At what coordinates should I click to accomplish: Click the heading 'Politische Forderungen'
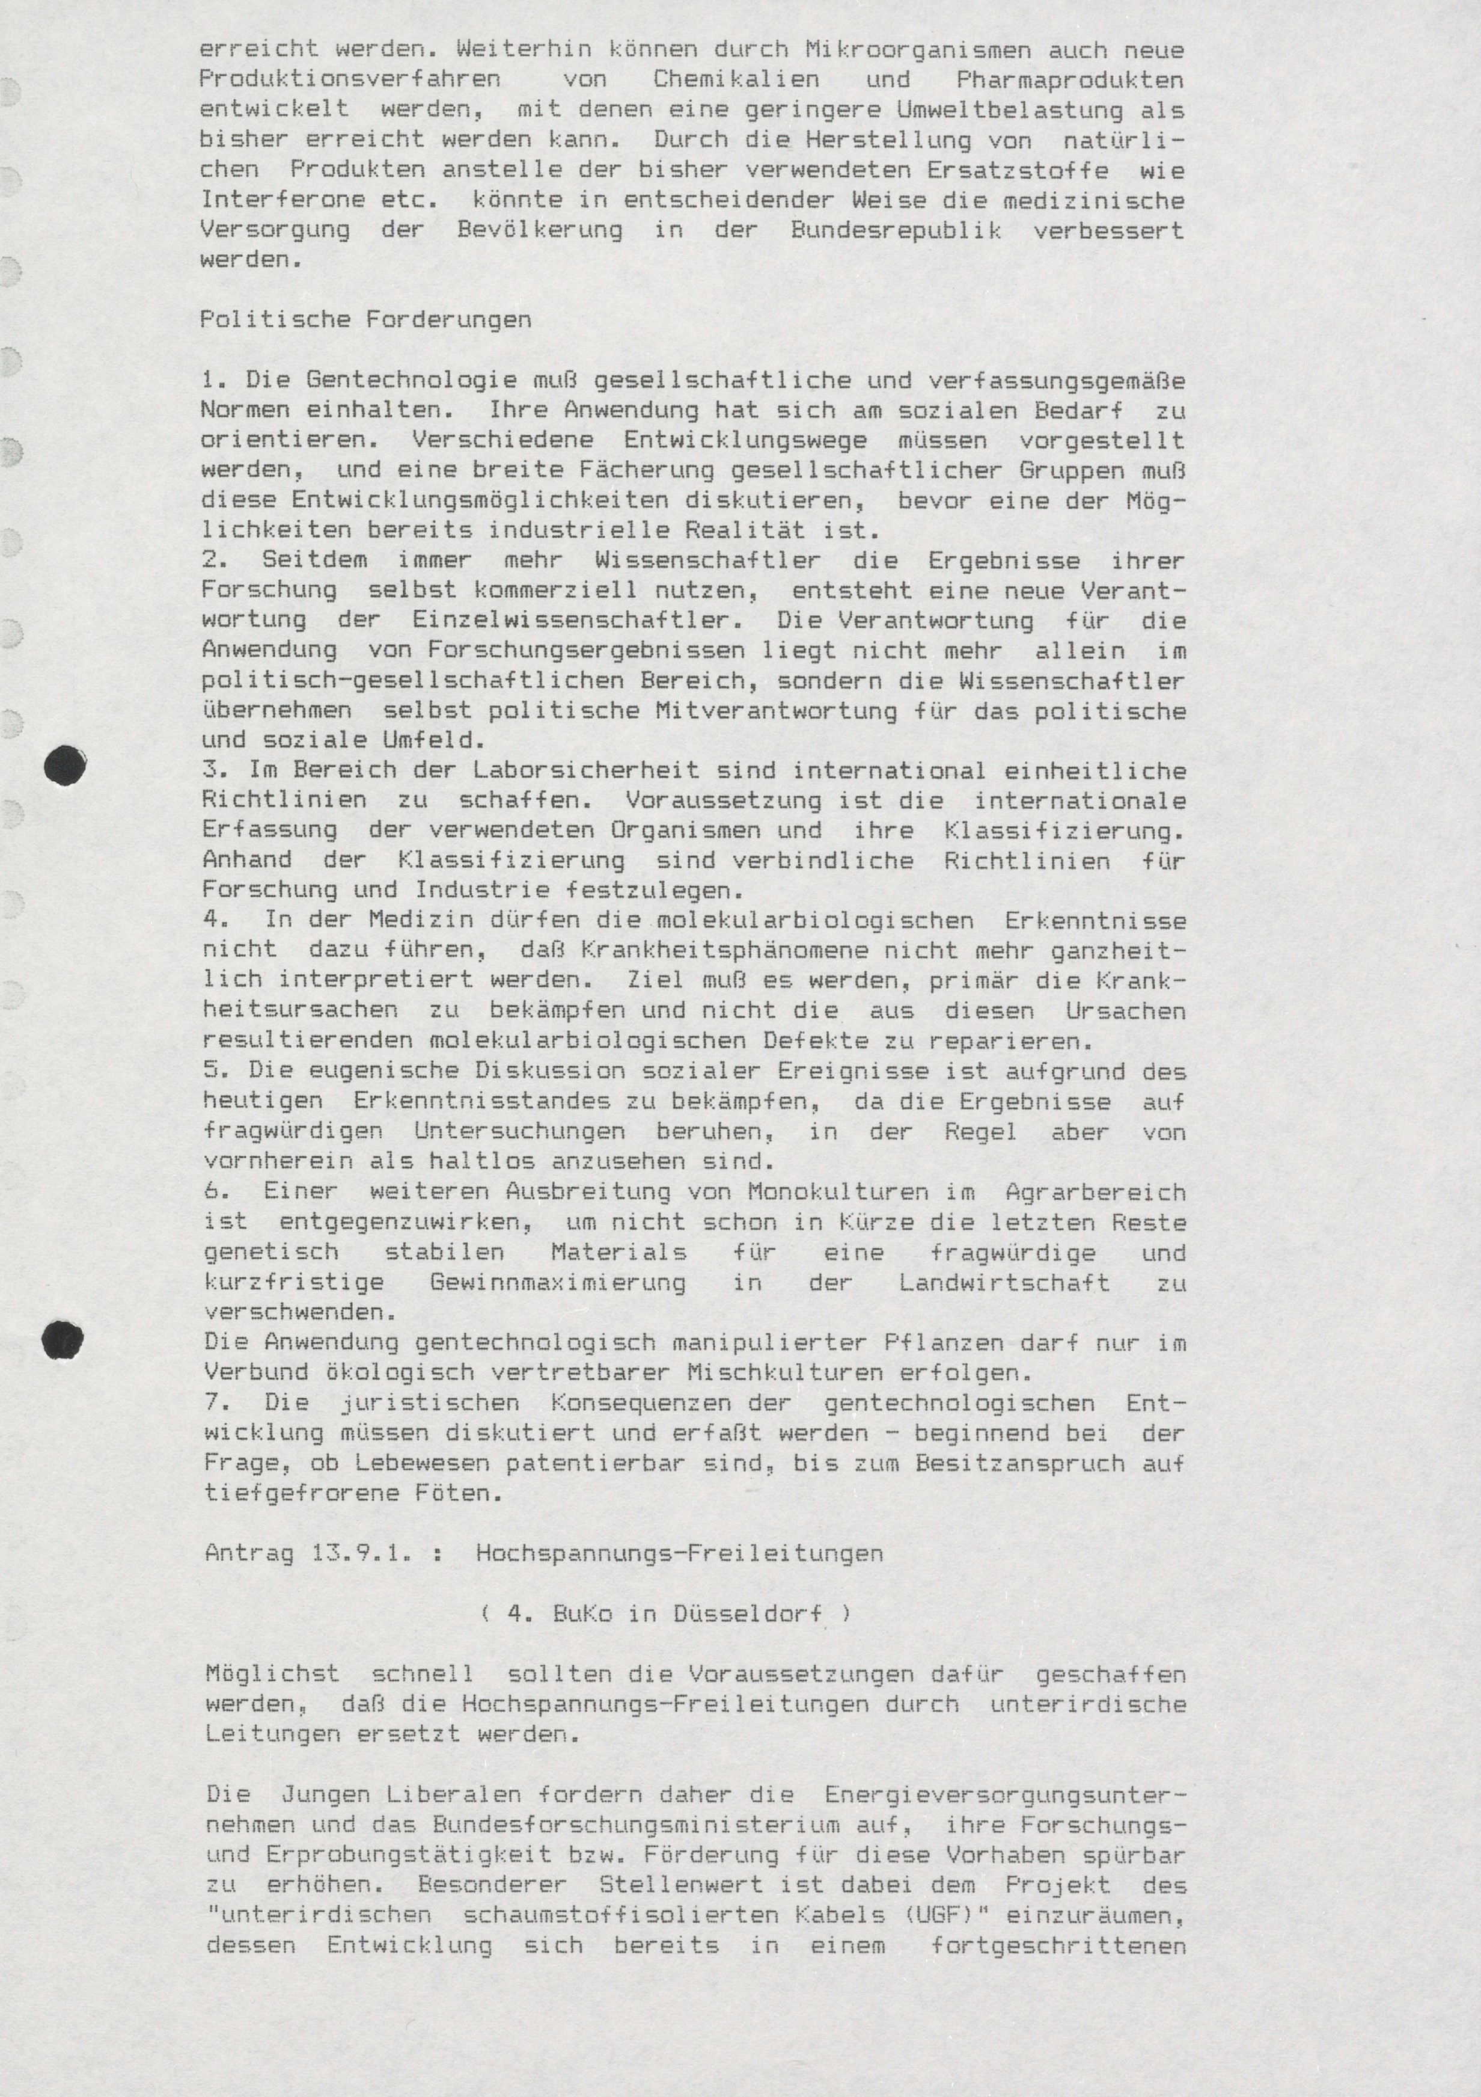(365, 320)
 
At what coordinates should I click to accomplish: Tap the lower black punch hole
(63, 1340)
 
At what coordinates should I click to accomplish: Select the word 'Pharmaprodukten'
(1070, 79)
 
